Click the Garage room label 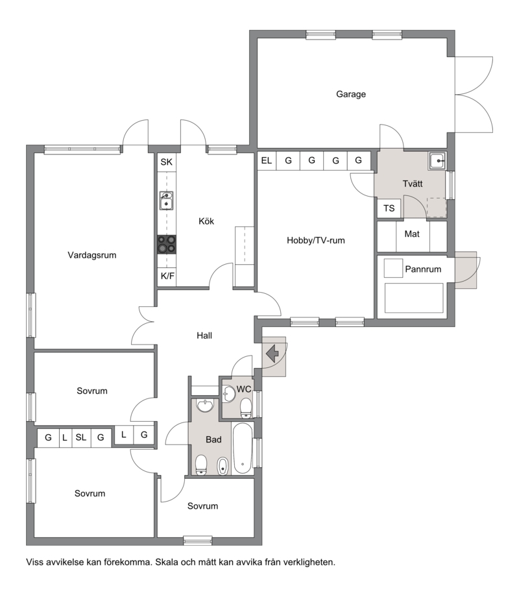point(351,94)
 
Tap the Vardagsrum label point(91,255)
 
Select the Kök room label point(206,221)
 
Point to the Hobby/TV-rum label point(316,240)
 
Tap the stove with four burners point(167,245)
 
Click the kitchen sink point(166,201)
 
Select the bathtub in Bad point(243,448)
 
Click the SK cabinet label point(166,162)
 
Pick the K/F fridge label point(167,276)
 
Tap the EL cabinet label point(267,161)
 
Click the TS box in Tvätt point(389,208)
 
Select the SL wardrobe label point(80,437)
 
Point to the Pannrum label point(423,269)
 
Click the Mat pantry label point(412,234)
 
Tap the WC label point(244,389)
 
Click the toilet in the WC point(246,408)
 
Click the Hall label point(204,335)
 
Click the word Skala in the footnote point(167,562)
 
